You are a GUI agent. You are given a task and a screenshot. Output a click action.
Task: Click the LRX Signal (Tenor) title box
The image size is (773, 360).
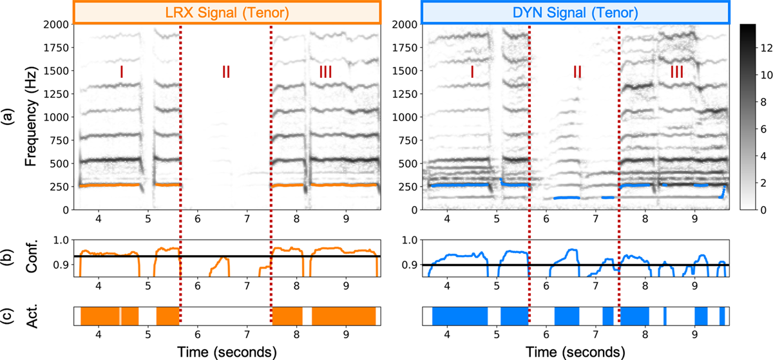226,12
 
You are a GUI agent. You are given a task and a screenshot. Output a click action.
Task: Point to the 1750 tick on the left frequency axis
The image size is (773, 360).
58,48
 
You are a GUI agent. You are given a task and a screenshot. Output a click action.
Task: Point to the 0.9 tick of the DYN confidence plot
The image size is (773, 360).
406,264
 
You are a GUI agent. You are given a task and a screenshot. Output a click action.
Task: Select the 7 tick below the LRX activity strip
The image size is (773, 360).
247,336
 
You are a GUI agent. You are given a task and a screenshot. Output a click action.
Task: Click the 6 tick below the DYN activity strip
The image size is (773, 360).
546,336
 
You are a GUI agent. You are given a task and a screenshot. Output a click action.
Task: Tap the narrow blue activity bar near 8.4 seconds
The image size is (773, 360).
665,316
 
